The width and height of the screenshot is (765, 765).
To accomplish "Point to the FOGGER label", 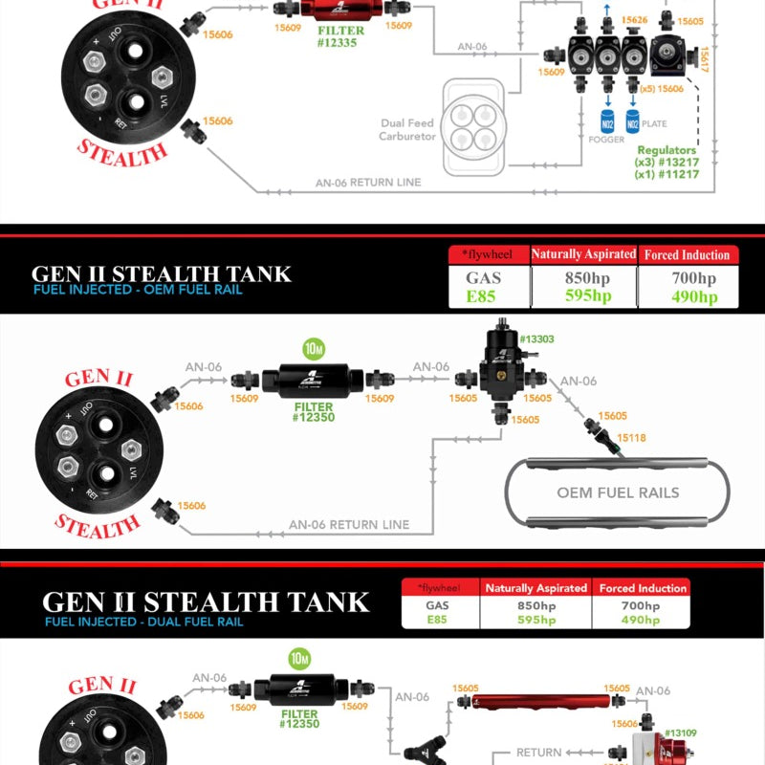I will (x=606, y=138).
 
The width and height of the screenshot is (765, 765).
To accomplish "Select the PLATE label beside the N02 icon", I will (x=653, y=124).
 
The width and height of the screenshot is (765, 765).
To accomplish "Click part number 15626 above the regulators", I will (x=634, y=19).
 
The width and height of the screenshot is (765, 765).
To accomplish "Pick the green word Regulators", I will (x=667, y=150).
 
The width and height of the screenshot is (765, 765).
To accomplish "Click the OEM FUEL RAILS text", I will (x=618, y=492).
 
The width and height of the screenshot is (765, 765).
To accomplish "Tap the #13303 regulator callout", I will (x=535, y=339).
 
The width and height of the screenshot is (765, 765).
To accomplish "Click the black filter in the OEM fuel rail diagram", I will (x=312, y=380).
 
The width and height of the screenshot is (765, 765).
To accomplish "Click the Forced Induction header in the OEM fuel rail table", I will (x=687, y=254).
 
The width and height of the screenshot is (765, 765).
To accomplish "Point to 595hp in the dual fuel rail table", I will (x=535, y=620).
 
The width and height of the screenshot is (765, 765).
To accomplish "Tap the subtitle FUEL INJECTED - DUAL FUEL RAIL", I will (x=143, y=622).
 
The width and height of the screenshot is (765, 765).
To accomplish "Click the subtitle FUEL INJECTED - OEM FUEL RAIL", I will (x=138, y=290).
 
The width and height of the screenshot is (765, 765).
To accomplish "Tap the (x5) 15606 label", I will (x=662, y=88).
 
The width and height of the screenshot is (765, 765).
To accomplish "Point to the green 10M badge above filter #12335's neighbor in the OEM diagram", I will (x=312, y=346).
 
